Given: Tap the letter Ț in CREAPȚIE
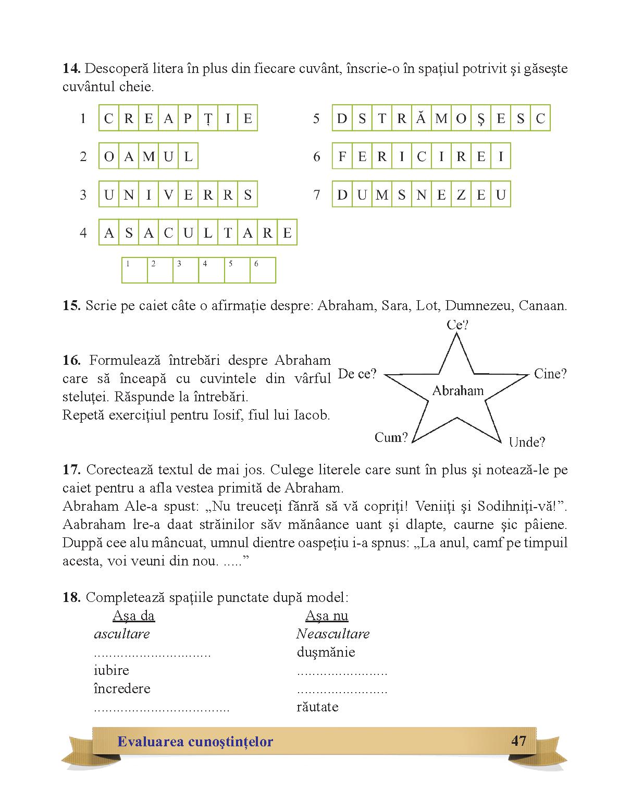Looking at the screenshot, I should (208, 118).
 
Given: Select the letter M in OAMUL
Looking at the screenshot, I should (149, 156).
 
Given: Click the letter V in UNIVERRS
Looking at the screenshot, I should (168, 194).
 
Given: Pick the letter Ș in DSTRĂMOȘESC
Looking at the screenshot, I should (480, 118).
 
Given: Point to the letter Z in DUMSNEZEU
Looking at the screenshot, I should (461, 194).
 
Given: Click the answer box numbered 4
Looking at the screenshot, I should (211, 270).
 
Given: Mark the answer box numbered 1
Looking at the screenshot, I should (134, 270).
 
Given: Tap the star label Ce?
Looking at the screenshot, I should (457, 325).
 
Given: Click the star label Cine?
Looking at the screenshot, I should (550, 374).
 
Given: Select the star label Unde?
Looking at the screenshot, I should (526, 442).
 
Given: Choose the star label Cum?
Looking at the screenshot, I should (391, 437).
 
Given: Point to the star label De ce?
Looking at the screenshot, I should (357, 374).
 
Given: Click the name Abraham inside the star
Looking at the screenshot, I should (457, 390).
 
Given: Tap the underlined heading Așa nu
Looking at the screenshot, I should (327, 616).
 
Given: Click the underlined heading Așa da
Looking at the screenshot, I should (133, 616).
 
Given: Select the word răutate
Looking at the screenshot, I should (317, 707).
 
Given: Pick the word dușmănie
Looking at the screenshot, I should (326, 652).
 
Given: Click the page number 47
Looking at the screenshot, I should (518, 741).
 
